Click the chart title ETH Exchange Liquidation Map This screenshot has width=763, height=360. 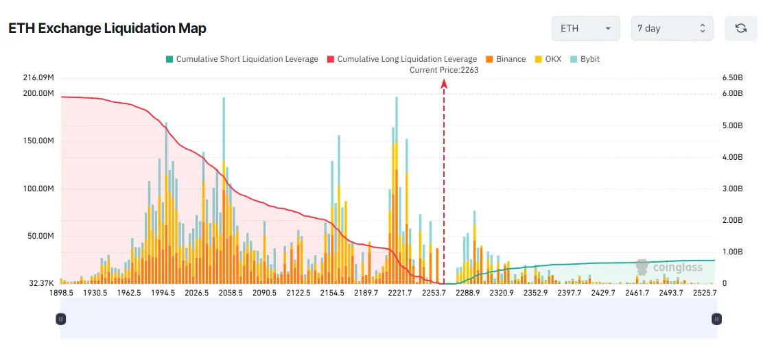click(107, 28)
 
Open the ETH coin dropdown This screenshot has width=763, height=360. click(585, 28)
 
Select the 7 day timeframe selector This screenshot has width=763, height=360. click(672, 28)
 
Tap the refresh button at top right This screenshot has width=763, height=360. click(740, 28)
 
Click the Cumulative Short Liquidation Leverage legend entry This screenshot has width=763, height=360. click(242, 59)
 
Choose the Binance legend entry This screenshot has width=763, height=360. click(505, 59)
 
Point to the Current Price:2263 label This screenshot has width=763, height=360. click(444, 70)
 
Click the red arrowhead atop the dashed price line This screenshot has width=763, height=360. click(444, 83)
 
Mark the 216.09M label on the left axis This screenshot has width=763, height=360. click(38, 77)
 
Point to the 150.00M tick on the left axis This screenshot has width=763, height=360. click(38, 141)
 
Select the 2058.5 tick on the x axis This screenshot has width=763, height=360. click(231, 293)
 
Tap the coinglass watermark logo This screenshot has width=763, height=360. click(669, 267)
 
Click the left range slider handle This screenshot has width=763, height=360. click(61, 319)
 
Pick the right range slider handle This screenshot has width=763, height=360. click(717, 319)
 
